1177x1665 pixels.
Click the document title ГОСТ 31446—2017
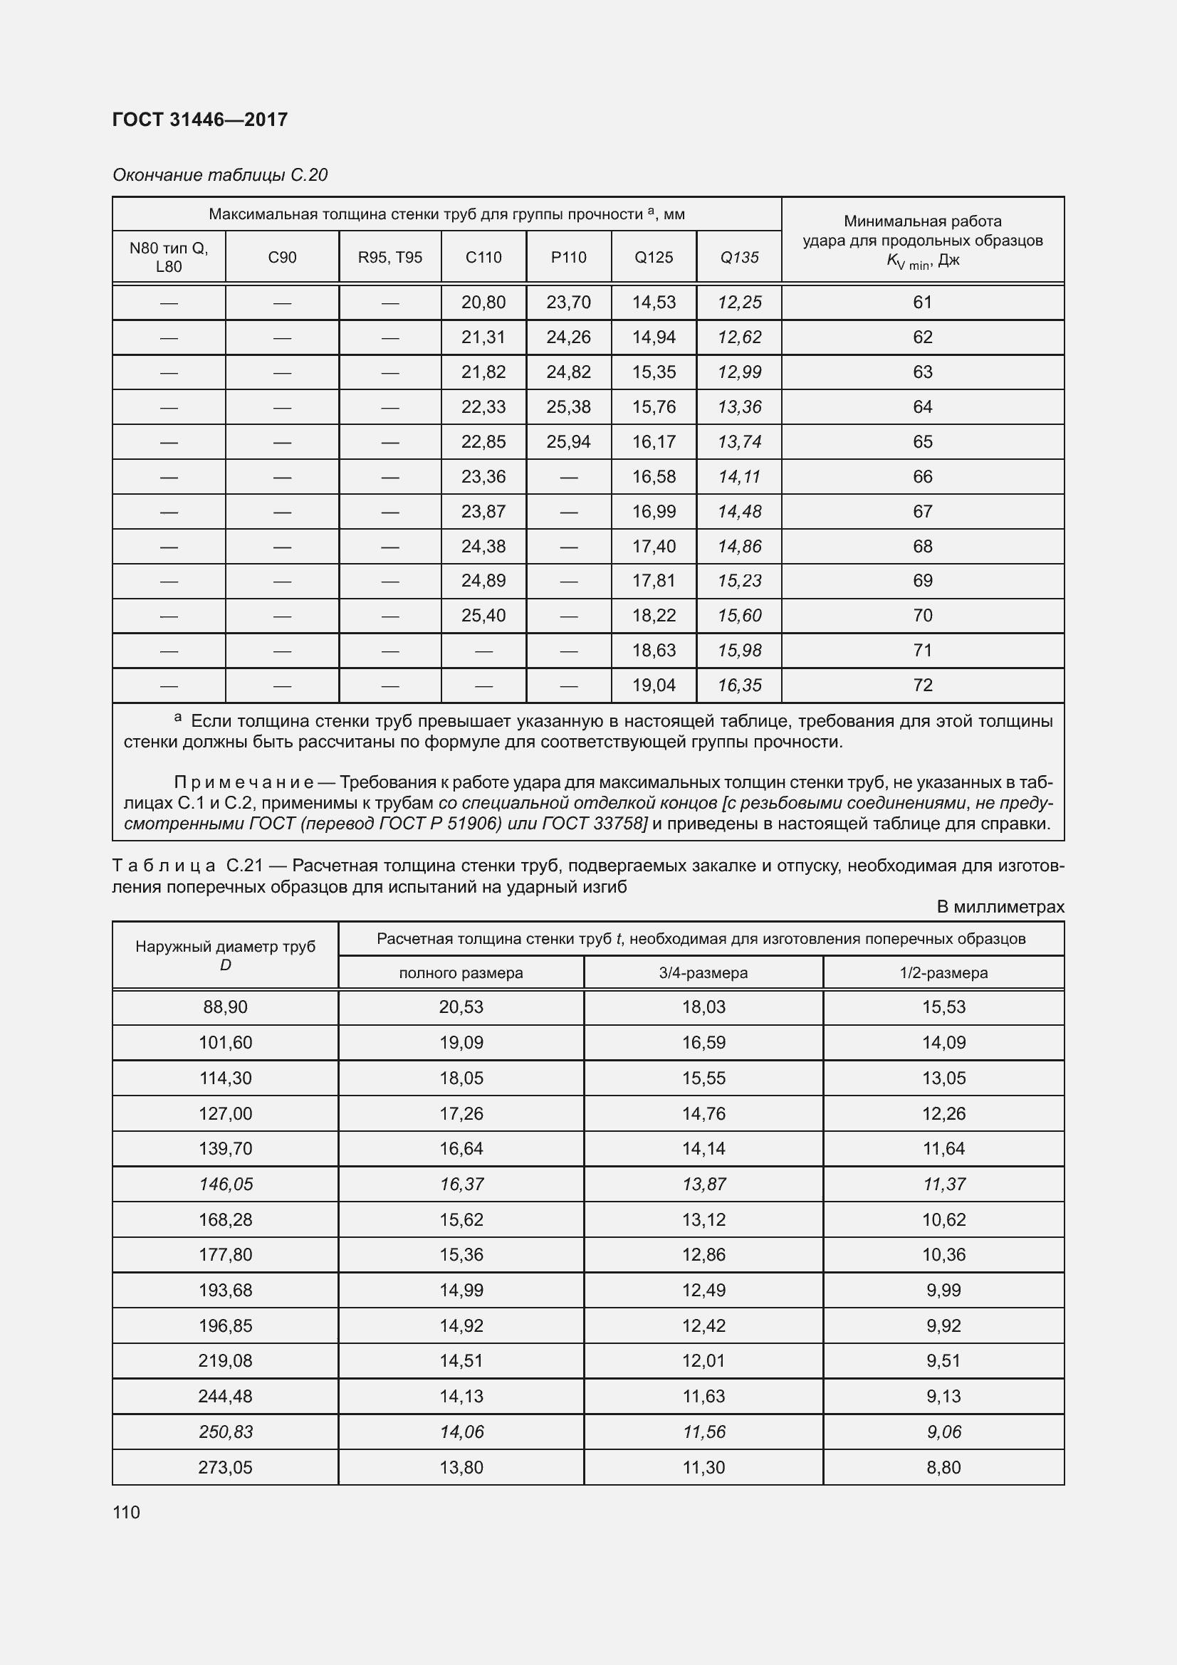pyautogui.click(x=200, y=120)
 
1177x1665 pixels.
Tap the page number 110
pyautogui.click(x=126, y=1512)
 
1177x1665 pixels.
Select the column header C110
pyautogui.click(x=483, y=258)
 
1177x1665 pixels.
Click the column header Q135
pyautogui.click(x=739, y=258)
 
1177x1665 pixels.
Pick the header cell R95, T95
pyautogui.click(x=389, y=258)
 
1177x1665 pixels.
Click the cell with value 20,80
pyautogui.click(x=483, y=303)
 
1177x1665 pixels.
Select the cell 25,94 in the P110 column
pyautogui.click(x=568, y=441)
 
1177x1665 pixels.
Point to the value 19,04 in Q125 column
pyautogui.click(x=654, y=686)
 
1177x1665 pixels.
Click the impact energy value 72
pyautogui.click(x=923, y=686)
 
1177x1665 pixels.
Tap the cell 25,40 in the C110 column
pyautogui.click(x=483, y=616)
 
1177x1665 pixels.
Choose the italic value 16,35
pyautogui.click(x=739, y=686)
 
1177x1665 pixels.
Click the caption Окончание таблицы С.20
pyautogui.click(x=220, y=175)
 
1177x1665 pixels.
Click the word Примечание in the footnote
pyautogui.click(x=244, y=782)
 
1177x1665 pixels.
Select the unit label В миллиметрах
pyautogui.click(x=1000, y=906)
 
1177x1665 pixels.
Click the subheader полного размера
pyautogui.click(x=461, y=972)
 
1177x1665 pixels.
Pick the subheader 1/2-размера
pyautogui.click(x=943, y=972)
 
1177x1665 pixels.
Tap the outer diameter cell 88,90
pyautogui.click(x=225, y=1007)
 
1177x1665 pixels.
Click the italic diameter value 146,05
pyautogui.click(x=225, y=1185)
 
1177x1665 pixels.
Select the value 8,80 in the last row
pyautogui.click(x=943, y=1467)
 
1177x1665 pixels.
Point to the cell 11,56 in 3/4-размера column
pyautogui.click(x=703, y=1432)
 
